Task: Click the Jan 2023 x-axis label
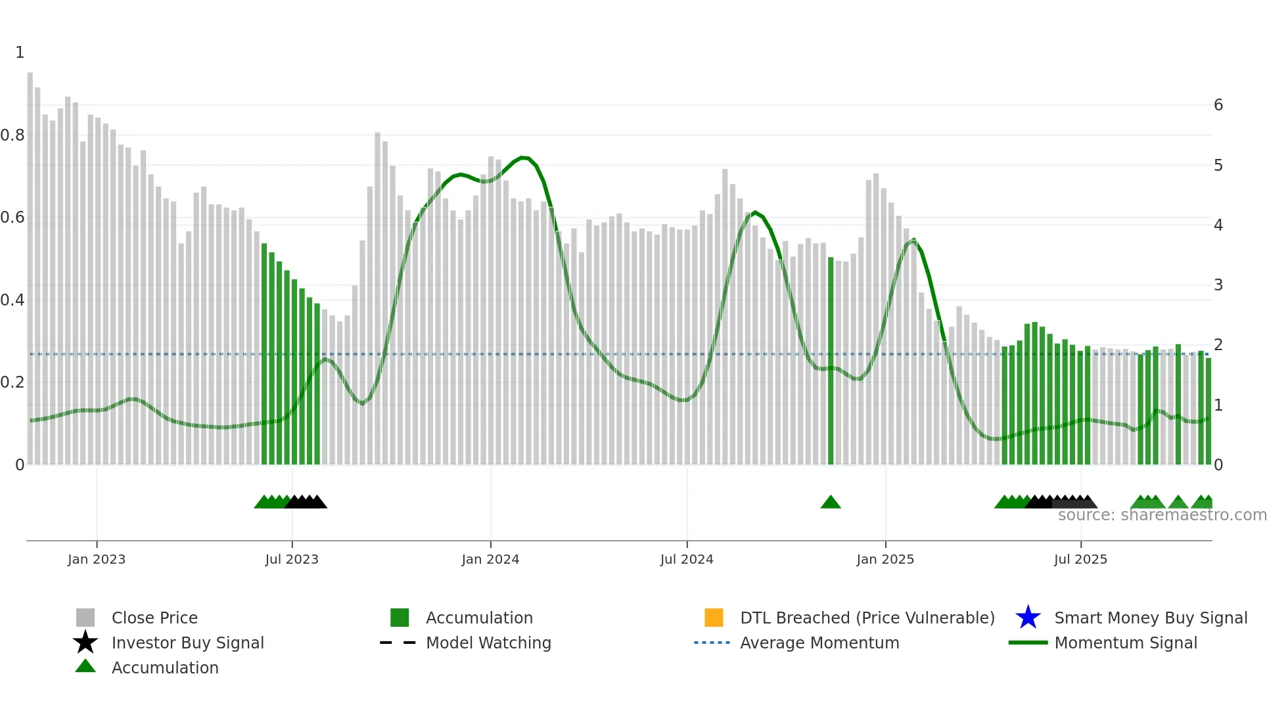[x=96, y=559]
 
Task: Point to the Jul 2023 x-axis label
[x=292, y=559]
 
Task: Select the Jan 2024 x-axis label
[x=490, y=559]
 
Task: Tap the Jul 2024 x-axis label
[x=687, y=559]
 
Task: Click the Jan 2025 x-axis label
[x=885, y=559]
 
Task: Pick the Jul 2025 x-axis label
[x=1080, y=559]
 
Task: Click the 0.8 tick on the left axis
[x=13, y=135]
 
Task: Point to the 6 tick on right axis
[x=1218, y=105]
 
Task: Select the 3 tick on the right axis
[x=1218, y=285]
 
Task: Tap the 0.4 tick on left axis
[x=13, y=300]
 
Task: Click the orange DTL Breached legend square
[x=714, y=618]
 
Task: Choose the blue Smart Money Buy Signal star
[x=1028, y=618]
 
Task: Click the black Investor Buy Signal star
[x=85, y=643]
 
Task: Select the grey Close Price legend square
[x=85, y=618]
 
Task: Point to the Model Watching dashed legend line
[x=398, y=643]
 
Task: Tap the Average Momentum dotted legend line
[x=712, y=643]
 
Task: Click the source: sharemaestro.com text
[x=1162, y=515]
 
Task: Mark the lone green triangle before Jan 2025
[x=831, y=503]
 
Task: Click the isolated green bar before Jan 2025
[x=831, y=361]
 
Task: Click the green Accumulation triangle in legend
[x=85, y=666]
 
